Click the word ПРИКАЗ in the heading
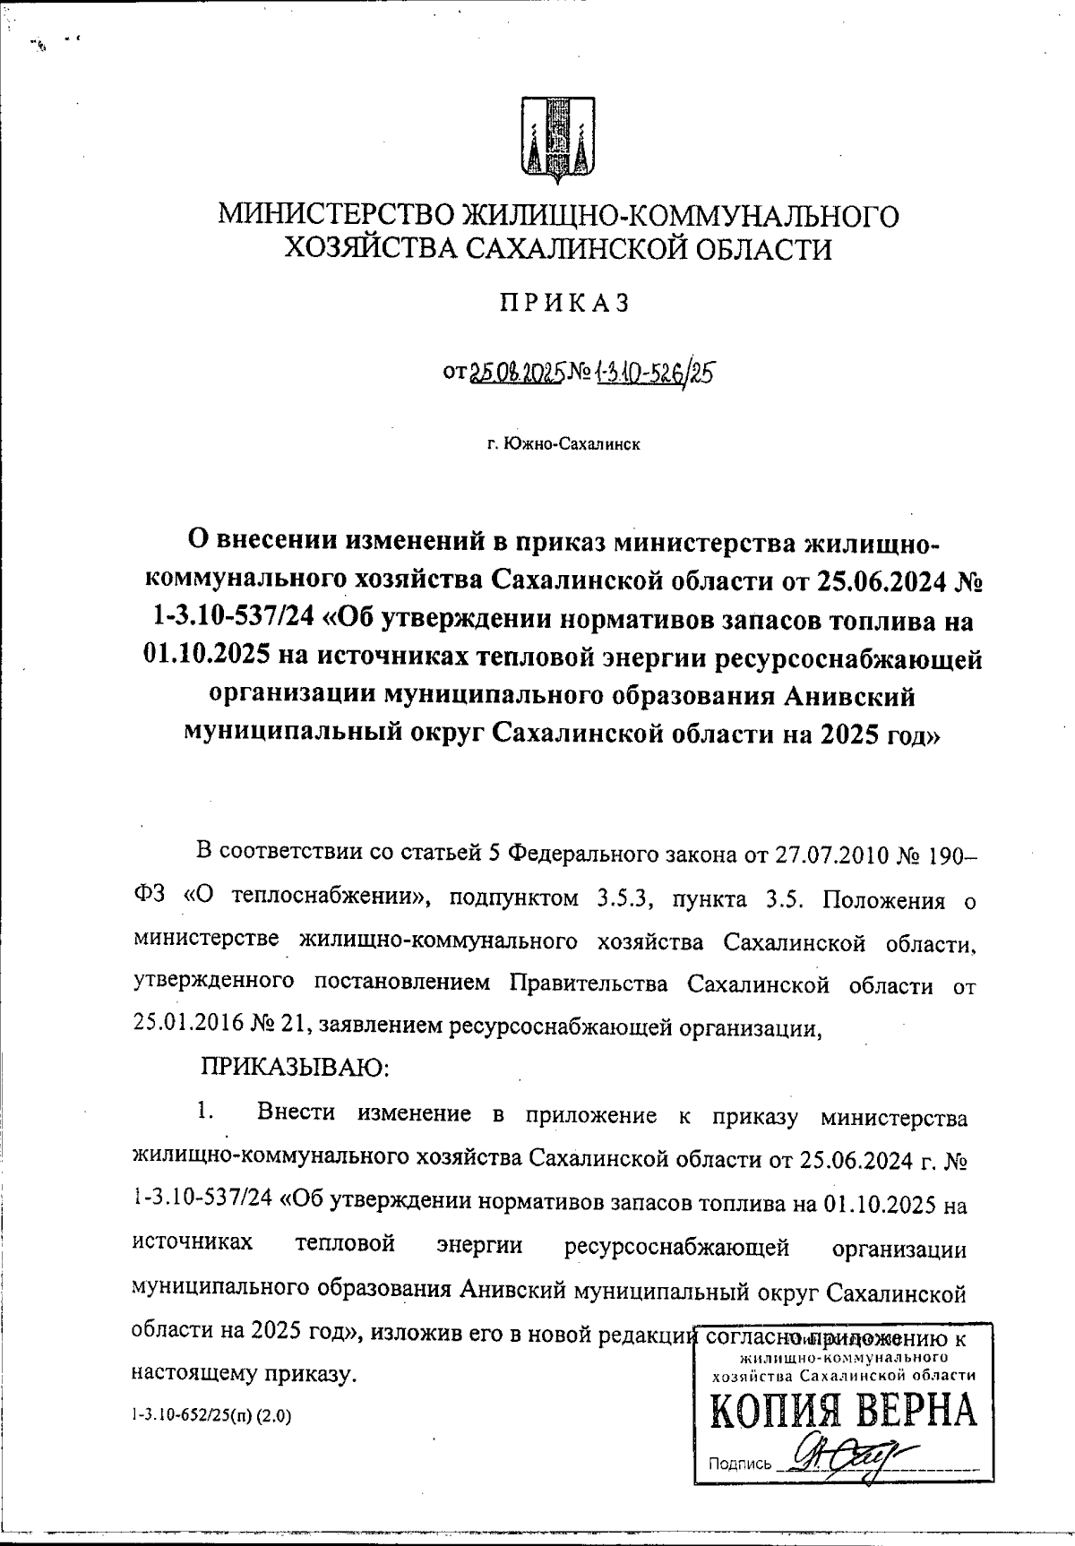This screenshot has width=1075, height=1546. tap(564, 303)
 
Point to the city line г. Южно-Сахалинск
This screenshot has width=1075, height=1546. tap(564, 443)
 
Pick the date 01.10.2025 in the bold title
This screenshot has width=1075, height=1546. tap(206, 658)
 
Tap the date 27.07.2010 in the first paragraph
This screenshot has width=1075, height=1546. tap(838, 853)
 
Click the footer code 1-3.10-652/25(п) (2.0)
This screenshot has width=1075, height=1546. tap(211, 1417)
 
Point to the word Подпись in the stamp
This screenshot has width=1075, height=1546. tap(740, 1464)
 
